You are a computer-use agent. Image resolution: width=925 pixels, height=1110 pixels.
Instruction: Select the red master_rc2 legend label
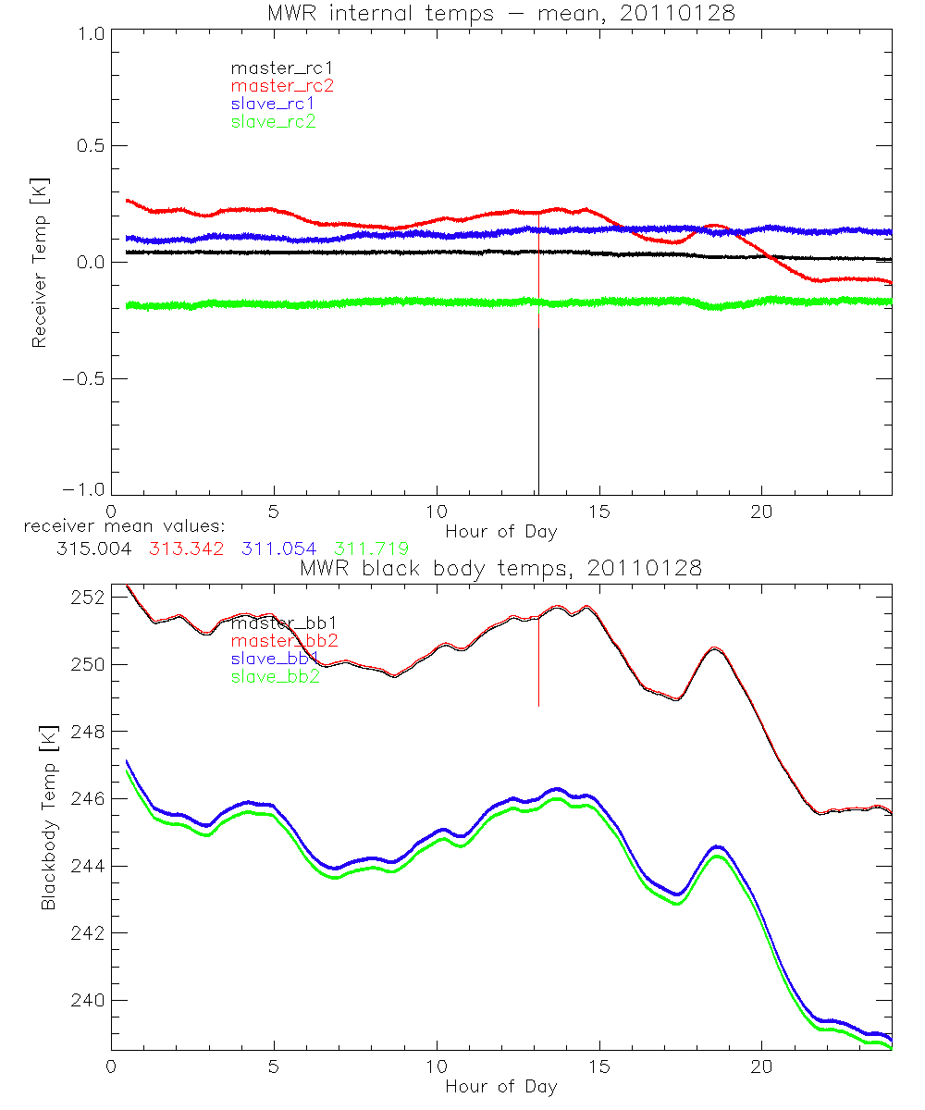coord(281,85)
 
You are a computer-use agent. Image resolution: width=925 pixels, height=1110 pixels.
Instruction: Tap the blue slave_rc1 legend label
coord(273,103)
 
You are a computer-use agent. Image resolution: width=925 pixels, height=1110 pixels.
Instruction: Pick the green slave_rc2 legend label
coord(273,120)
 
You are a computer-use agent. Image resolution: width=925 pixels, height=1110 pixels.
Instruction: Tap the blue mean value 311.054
coord(280,549)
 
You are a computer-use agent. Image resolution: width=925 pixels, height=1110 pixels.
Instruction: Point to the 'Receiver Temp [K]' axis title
coord(39,262)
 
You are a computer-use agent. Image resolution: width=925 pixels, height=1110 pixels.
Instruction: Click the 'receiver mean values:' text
coord(117,526)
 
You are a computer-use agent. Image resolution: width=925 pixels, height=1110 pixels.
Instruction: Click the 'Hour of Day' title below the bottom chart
coord(500,1086)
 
